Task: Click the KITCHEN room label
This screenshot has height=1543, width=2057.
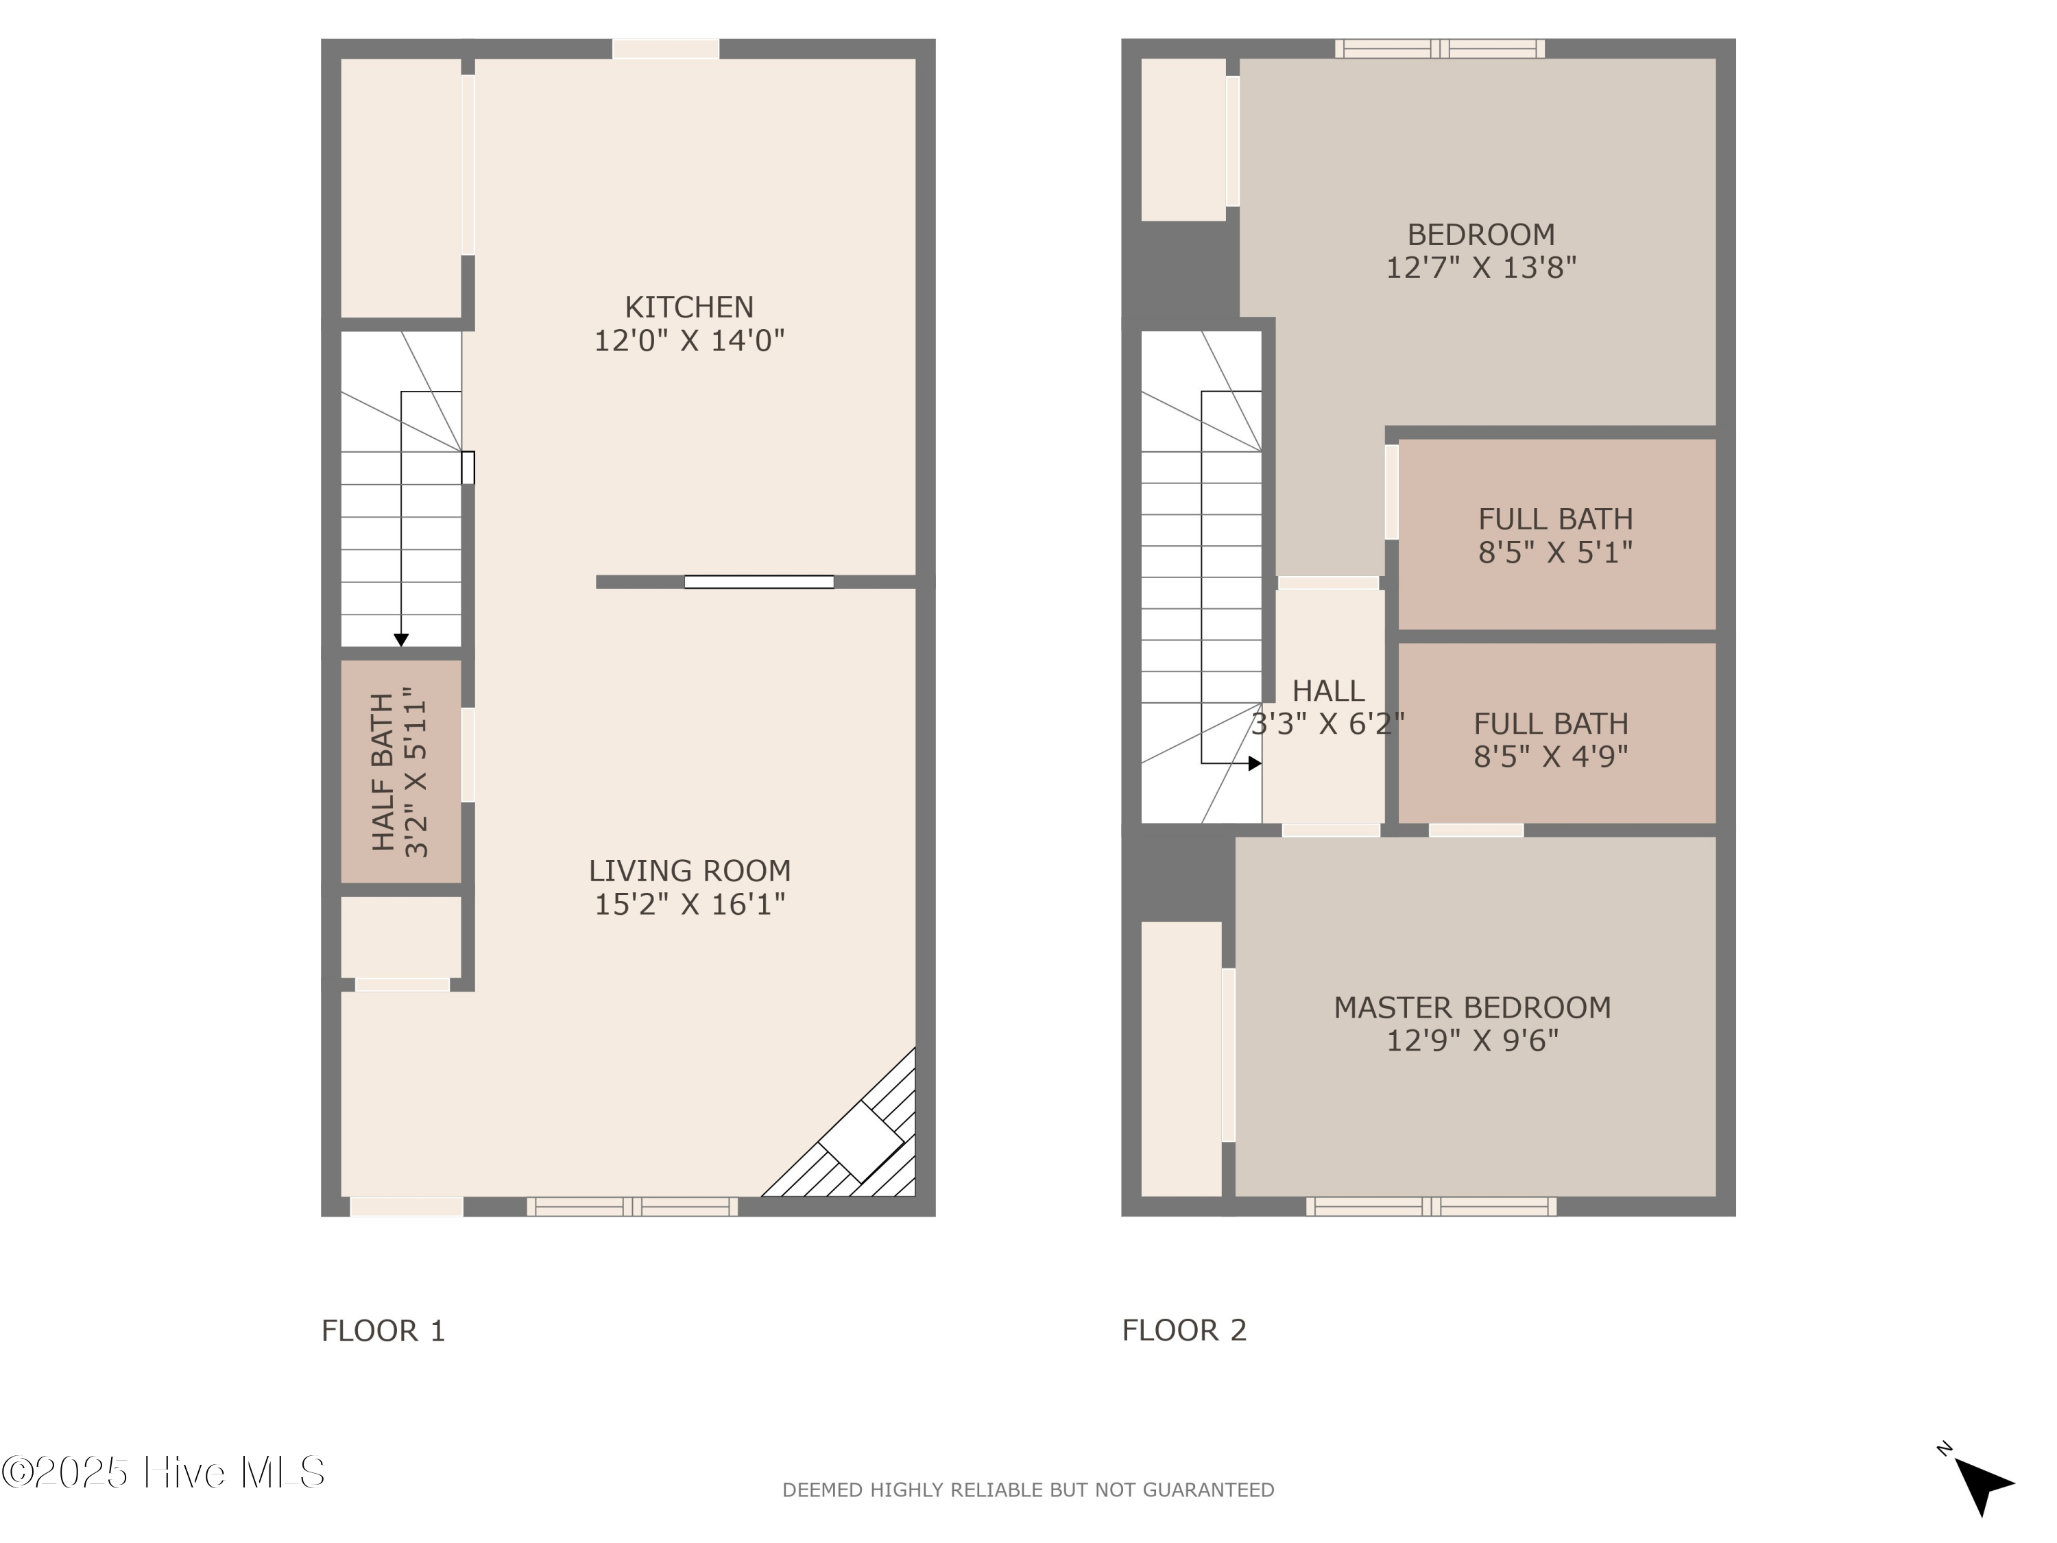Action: (x=688, y=307)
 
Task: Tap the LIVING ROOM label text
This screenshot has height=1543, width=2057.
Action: (x=689, y=870)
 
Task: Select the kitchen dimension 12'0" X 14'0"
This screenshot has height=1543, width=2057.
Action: (x=689, y=340)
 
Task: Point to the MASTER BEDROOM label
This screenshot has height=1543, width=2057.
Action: (x=1472, y=1007)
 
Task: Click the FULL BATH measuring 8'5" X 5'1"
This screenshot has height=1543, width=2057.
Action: (x=1556, y=535)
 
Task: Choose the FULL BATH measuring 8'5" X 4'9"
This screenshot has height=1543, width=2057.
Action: (x=1550, y=739)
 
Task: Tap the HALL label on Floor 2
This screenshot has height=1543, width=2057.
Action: (x=1328, y=691)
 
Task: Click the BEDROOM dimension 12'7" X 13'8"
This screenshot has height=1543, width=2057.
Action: (x=1480, y=268)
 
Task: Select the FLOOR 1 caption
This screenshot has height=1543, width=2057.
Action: (x=383, y=1331)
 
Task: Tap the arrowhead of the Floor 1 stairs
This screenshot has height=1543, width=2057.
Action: (x=401, y=640)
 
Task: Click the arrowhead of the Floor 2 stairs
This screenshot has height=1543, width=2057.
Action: (x=1255, y=763)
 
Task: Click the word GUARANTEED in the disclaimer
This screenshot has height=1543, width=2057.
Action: (x=1208, y=1490)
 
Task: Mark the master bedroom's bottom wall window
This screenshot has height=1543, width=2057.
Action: (x=1430, y=1206)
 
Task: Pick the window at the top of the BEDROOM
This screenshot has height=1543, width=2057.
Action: (x=1439, y=49)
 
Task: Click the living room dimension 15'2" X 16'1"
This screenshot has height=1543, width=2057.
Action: (x=689, y=904)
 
